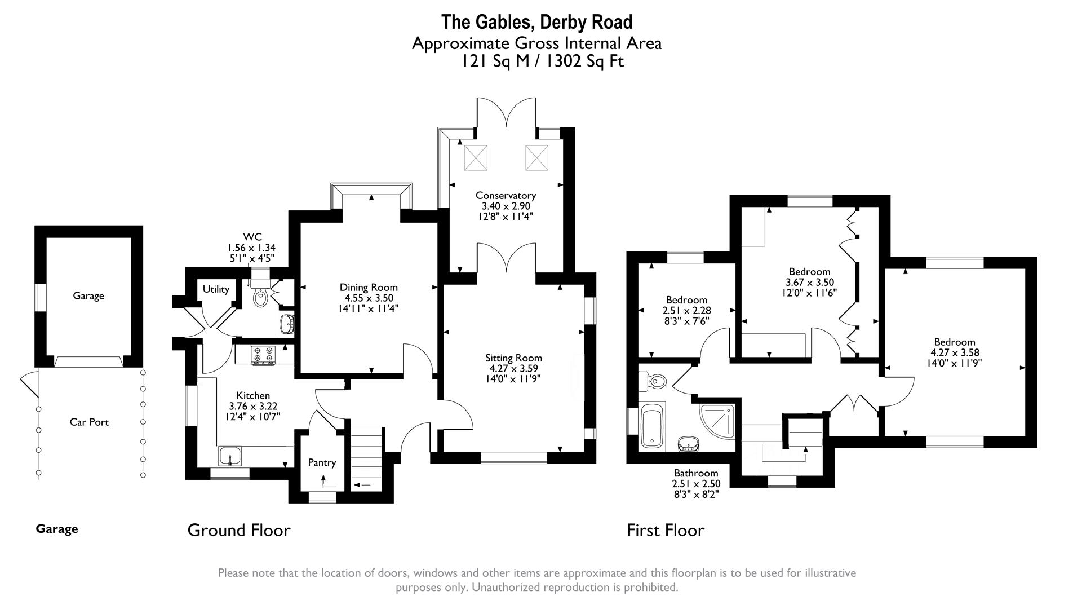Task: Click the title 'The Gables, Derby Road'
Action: coord(536,22)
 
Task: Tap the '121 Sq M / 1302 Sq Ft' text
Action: coord(542,61)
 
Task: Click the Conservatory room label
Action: coord(506,196)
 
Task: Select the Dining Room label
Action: coord(369,288)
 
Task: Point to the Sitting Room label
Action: coord(513,358)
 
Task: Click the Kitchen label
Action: coord(253,396)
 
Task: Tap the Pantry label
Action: coord(322,463)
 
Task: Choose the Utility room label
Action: coord(216,289)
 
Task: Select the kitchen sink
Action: coord(230,456)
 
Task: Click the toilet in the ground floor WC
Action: coord(260,295)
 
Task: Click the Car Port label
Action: coord(89,422)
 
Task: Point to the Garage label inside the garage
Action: coord(88,296)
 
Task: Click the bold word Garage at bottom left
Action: coord(57,529)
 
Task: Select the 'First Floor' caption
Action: coord(666,531)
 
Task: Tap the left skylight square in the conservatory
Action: coord(475,157)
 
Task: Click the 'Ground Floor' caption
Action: coord(239,531)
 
